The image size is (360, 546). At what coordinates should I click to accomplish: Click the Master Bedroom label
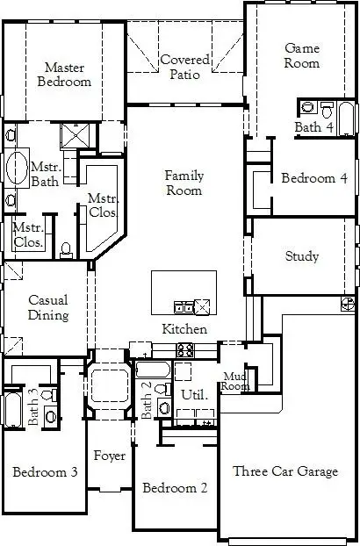pos(68,74)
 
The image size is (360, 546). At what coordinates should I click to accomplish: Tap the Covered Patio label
pos(184,67)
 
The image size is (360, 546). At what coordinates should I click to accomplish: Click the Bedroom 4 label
pos(313,178)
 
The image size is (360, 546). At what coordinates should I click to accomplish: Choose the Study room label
pos(301,257)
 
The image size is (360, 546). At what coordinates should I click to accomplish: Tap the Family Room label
pos(184,183)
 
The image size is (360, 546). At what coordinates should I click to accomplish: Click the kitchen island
pos(183,293)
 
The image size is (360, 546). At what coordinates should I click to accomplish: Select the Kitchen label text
pos(184,329)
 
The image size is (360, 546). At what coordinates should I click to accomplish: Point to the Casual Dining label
pos(48,308)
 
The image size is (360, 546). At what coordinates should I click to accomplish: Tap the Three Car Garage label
pos(284,471)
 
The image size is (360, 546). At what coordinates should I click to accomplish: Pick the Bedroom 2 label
pos(174,488)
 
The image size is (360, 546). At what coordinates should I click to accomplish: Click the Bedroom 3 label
pos(45,472)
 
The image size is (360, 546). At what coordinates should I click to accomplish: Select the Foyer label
pos(110,456)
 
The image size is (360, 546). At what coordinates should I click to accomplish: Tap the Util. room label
pos(193,395)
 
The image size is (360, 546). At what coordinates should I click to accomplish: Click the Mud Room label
pos(234,381)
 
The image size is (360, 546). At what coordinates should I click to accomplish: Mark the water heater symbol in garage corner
pos(349,302)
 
